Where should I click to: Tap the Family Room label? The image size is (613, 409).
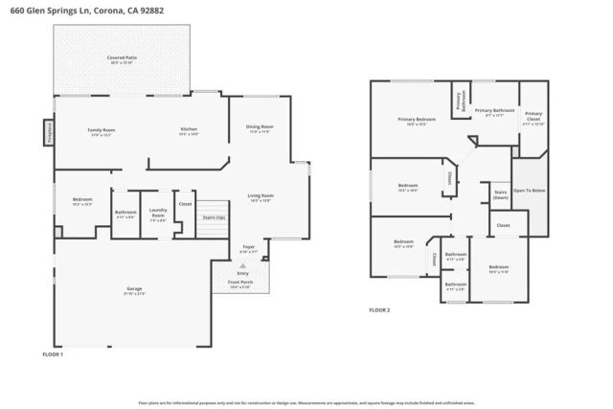tap(102, 130)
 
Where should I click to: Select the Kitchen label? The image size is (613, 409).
tap(190, 130)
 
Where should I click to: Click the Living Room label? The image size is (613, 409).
tap(261, 197)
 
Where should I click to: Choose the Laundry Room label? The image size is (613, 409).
tap(158, 216)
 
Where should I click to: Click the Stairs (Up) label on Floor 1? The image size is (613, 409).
tap(215, 217)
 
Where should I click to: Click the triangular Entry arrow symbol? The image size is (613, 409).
tap(242, 264)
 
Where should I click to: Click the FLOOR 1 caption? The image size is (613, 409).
tap(53, 354)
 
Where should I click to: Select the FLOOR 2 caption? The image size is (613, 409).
tap(380, 310)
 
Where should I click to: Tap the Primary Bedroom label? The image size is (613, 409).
tap(417, 120)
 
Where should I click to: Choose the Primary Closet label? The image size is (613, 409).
tap(534, 116)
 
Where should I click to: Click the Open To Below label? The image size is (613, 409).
tap(529, 191)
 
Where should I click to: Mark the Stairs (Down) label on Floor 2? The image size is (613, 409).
tap(500, 193)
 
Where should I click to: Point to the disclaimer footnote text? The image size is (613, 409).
tap(306, 403)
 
